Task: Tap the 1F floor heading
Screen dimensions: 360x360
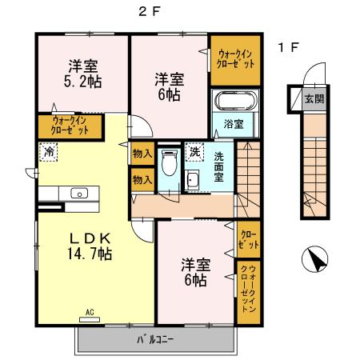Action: point(288,47)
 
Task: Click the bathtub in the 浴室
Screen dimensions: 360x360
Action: point(233,103)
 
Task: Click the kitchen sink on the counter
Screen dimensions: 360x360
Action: point(78,193)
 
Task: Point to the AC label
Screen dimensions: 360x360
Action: point(90,311)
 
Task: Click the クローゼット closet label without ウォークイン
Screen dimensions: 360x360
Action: point(248,238)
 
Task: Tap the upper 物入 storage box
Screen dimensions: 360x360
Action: point(142,154)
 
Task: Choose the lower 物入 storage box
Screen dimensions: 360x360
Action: point(142,180)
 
